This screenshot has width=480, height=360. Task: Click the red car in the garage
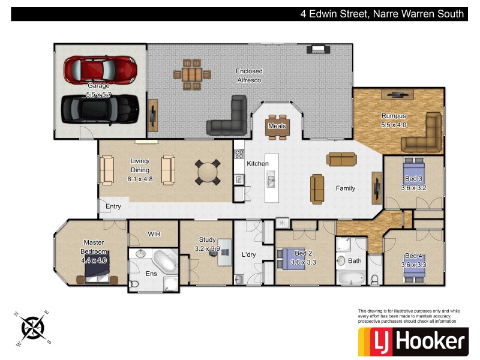click(x=100, y=69)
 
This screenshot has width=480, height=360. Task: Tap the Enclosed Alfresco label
click(x=248, y=75)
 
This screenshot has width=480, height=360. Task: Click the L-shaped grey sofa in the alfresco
click(x=230, y=119)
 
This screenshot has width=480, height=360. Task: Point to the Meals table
click(x=277, y=127)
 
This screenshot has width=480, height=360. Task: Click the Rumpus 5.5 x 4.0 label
click(x=394, y=121)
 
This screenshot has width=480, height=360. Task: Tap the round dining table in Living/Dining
click(x=208, y=172)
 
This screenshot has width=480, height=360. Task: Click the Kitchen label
click(x=258, y=163)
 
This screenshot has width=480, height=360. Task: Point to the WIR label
click(x=154, y=234)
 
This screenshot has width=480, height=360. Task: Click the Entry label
click(x=113, y=206)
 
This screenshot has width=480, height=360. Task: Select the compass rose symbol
click(x=32, y=328)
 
